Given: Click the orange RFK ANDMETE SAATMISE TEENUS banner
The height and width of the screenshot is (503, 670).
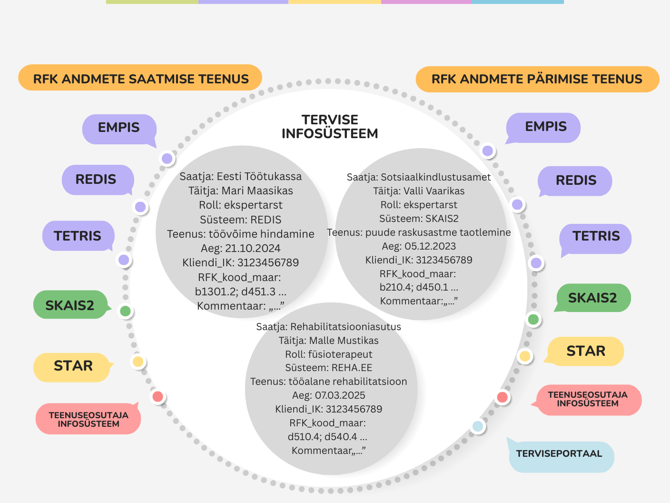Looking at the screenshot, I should (x=140, y=79).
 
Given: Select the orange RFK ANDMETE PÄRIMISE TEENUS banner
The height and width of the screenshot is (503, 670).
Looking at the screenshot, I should (x=537, y=79).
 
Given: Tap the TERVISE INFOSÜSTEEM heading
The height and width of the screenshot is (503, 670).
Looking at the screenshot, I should (x=330, y=127).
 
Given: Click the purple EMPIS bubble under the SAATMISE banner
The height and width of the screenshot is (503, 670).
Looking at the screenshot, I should (x=119, y=128).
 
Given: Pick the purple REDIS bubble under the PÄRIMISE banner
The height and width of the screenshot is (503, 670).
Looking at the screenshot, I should (x=575, y=181).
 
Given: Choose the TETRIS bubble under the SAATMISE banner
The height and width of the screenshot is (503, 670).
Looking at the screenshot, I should (x=78, y=236).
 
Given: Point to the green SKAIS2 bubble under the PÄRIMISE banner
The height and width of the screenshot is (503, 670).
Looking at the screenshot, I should (x=592, y=298).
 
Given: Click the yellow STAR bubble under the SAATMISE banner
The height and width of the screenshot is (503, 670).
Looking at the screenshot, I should (x=73, y=366).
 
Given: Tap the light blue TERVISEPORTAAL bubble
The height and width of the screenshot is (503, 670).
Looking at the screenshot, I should (x=559, y=454).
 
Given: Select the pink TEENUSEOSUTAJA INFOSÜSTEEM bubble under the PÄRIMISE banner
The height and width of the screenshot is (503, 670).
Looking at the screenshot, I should (x=588, y=399).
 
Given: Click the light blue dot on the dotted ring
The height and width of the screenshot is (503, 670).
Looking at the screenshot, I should (x=478, y=426).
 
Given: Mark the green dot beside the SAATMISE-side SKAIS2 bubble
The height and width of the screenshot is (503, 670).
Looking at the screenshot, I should (x=125, y=312).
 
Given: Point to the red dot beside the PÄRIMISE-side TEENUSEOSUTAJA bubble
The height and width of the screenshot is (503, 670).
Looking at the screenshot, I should (x=502, y=397).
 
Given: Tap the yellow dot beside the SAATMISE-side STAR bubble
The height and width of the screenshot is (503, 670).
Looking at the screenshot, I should (x=138, y=362).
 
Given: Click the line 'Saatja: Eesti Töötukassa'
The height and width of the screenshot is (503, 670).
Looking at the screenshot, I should (x=240, y=177).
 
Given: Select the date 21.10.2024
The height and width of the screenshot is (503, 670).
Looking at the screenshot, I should (x=253, y=249).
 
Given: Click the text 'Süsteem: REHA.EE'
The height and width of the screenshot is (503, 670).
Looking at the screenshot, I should (x=328, y=368).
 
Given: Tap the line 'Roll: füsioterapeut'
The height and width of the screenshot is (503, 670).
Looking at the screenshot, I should (x=328, y=354).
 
